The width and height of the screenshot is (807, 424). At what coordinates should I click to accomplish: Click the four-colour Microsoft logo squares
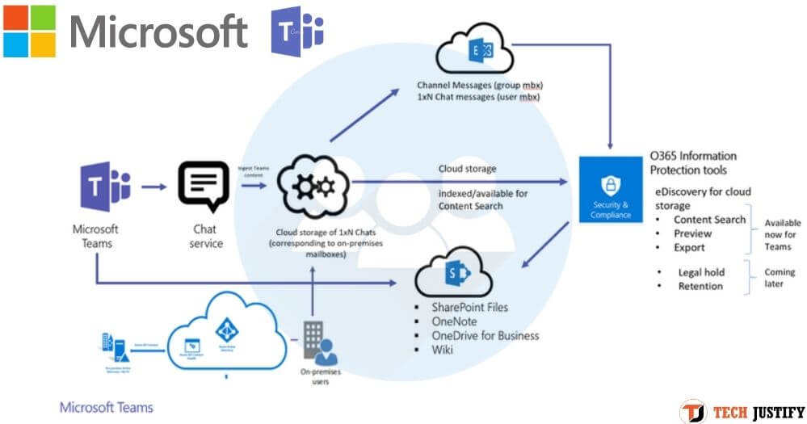pyautogui.click(x=29, y=31)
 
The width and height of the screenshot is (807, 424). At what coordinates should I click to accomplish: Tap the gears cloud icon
pyautogui.click(x=313, y=187)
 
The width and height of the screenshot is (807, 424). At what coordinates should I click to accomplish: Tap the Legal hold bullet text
pyautogui.click(x=701, y=272)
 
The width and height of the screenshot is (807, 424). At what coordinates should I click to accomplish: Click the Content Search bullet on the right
pyautogui.click(x=709, y=220)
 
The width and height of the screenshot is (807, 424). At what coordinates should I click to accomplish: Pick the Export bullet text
pyautogui.click(x=689, y=247)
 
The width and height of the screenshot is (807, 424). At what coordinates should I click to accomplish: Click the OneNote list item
pyautogui.click(x=456, y=321)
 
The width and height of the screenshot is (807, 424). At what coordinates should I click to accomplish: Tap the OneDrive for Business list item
pyautogui.click(x=485, y=335)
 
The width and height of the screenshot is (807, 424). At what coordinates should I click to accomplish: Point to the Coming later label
pyautogui.click(x=780, y=279)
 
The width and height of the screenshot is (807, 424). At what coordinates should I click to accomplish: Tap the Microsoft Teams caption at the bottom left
pyautogui.click(x=106, y=408)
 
